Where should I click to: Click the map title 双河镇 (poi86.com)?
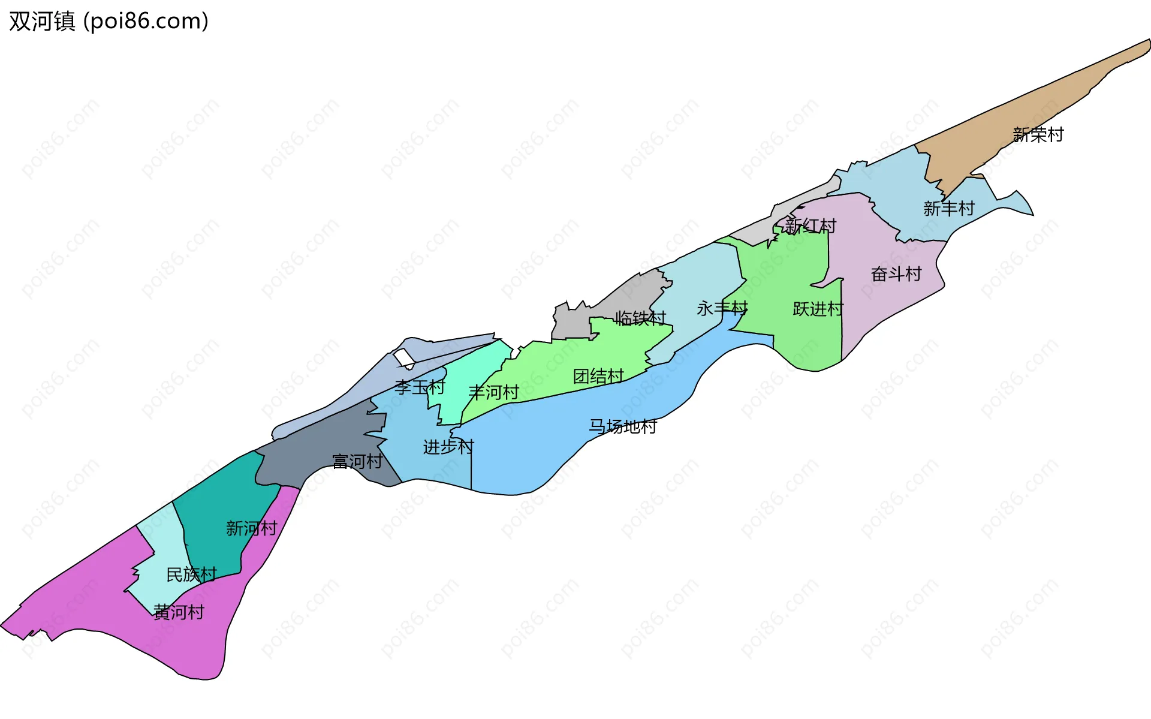pyautogui.click(x=109, y=21)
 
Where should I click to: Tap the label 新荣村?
pyautogui.click(x=1038, y=134)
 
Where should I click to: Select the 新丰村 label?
pyautogui.click(x=948, y=208)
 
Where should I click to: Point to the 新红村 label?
pyautogui.click(x=810, y=225)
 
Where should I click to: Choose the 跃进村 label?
pyautogui.click(x=818, y=308)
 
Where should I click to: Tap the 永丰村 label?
pyautogui.click(x=722, y=308)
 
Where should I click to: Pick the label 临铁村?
pyautogui.click(x=640, y=318)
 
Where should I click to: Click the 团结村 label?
pyautogui.click(x=598, y=376)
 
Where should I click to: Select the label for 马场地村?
pyautogui.click(x=623, y=426)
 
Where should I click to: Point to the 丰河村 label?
pyautogui.click(x=493, y=392)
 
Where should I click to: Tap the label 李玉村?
pyautogui.click(x=420, y=387)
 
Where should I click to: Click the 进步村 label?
pyautogui.click(x=448, y=447)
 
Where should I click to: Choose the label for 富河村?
pyautogui.click(x=357, y=461)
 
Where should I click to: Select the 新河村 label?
pyautogui.click(x=251, y=528)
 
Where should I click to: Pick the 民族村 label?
pyautogui.click(x=191, y=574)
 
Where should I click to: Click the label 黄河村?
pyautogui.click(x=179, y=612)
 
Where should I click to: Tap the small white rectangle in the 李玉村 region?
pyautogui.click(x=404, y=357)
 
